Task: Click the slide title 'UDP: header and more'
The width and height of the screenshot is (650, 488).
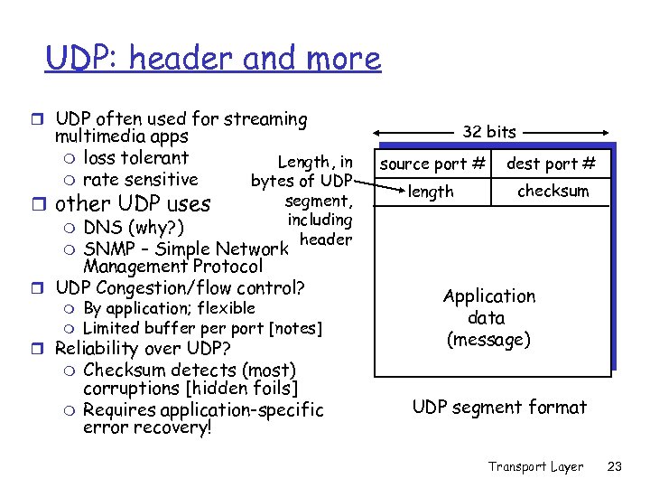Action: [x=213, y=59]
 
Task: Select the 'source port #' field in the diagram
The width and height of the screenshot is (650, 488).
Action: [x=432, y=164]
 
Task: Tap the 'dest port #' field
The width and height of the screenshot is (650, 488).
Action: [x=551, y=164]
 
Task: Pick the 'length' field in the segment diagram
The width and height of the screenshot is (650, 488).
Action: [x=431, y=192]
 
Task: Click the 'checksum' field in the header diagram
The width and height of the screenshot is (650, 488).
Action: [x=552, y=192]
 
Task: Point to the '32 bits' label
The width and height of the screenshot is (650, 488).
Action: [x=489, y=132]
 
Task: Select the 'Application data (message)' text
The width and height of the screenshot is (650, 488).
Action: [x=489, y=318]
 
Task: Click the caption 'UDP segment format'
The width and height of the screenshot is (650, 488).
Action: [x=499, y=408]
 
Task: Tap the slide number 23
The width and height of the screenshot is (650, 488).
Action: [x=616, y=466]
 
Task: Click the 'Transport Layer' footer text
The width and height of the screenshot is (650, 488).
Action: [x=535, y=466]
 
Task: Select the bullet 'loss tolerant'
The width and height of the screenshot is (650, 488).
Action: [x=135, y=158]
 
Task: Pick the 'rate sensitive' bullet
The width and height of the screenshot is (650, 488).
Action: [x=140, y=179]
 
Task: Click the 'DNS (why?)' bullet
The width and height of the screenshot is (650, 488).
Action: [x=135, y=227]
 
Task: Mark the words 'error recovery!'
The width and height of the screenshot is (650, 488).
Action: [x=147, y=427]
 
